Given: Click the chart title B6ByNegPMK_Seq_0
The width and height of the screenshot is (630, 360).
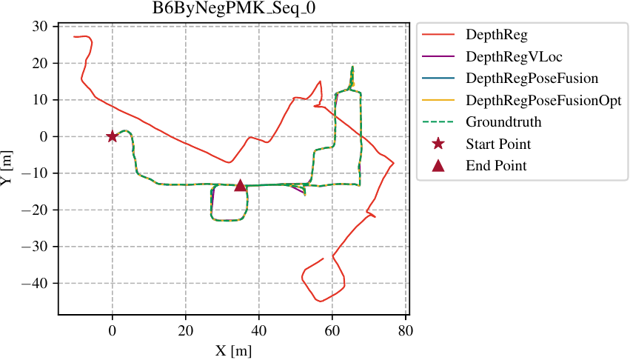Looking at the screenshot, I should (x=233, y=10).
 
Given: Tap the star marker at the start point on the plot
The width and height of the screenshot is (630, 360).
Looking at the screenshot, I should (x=112, y=136).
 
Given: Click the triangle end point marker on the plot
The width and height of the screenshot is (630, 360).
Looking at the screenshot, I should (x=240, y=184).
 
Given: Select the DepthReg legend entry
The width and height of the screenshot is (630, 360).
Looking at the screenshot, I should (x=495, y=34).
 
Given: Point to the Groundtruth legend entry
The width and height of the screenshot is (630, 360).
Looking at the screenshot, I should (x=503, y=121).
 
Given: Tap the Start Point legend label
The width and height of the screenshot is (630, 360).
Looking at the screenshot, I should (x=497, y=144).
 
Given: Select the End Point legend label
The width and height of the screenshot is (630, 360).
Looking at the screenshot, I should (x=496, y=165).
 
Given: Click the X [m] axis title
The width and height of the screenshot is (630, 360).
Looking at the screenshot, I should (x=233, y=350).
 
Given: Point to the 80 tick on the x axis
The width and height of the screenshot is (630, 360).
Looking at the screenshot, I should (x=405, y=332).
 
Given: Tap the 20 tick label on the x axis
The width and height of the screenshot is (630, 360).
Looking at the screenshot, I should (x=185, y=332).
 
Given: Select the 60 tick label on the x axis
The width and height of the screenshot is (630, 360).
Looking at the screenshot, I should (x=332, y=332).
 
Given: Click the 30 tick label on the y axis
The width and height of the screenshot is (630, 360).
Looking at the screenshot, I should (x=41, y=27).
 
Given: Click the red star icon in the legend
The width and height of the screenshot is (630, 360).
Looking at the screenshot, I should (x=438, y=144).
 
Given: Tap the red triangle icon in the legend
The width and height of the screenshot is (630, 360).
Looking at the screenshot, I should (x=438, y=165).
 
